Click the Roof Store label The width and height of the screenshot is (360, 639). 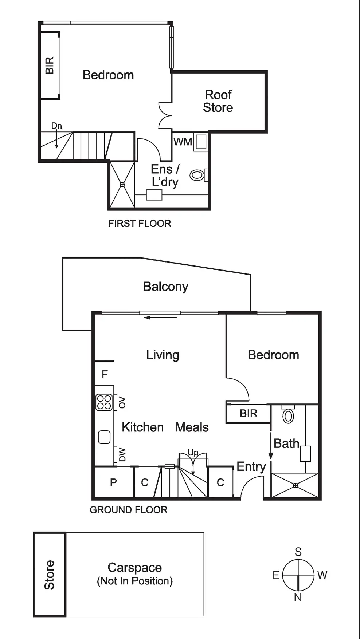[218, 101]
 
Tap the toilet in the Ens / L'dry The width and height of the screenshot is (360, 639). [197, 175]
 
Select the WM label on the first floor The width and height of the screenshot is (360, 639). [182, 142]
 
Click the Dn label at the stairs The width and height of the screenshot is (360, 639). [56, 126]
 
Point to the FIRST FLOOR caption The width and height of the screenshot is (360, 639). [140, 223]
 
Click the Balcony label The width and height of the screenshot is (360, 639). [165, 287]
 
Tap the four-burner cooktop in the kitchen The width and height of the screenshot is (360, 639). [104, 402]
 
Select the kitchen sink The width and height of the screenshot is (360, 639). [104, 437]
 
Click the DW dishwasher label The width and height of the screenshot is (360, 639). [122, 454]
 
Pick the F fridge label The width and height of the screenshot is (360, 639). [105, 374]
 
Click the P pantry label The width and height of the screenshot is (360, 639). [113, 482]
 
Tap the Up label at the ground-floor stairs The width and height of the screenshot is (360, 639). [193, 453]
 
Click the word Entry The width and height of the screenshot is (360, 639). [251, 466]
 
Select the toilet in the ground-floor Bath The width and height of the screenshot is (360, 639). [288, 415]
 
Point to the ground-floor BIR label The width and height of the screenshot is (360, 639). [249, 413]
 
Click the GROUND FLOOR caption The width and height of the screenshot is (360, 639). [129, 510]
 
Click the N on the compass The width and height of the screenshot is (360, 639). [298, 597]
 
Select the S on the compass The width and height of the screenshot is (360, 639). [298, 552]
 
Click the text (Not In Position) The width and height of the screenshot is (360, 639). [135, 581]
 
